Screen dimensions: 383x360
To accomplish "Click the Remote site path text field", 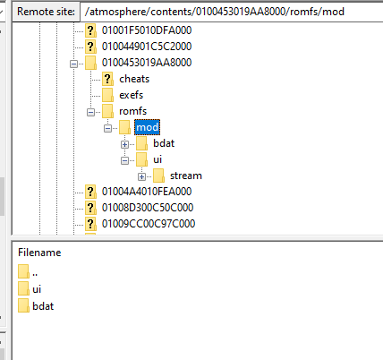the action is [x=231, y=12].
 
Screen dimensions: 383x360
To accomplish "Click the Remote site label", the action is [x=46, y=12].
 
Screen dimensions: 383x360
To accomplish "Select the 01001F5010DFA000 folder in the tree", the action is [x=147, y=30].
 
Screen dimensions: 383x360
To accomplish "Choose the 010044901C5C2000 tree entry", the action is [x=147, y=47].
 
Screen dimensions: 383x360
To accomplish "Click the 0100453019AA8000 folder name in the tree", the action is [x=147, y=63].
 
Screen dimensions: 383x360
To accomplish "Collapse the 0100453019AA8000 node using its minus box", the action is [x=73, y=64].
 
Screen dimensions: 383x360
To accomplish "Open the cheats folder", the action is [x=134, y=79].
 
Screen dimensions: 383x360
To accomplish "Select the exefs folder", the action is [x=132, y=95].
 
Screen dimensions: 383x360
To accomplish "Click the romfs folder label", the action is [x=133, y=111].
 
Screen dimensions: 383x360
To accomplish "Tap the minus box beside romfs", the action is [x=90, y=112].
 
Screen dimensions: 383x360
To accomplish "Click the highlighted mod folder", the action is [x=147, y=127].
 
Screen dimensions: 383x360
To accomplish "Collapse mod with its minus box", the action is [x=107, y=128].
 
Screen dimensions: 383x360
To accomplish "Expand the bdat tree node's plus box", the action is [x=124, y=144].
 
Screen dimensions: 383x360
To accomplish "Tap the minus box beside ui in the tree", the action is [x=124, y=160].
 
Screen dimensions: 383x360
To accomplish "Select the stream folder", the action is [x=186, y=176].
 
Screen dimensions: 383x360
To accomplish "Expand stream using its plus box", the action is [x=141, y=176].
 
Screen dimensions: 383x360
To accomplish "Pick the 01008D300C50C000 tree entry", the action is [x=148, y=208].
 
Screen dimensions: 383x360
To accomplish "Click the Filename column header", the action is [x=39, y=253].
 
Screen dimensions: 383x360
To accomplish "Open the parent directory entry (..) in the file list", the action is [x=35, y=273].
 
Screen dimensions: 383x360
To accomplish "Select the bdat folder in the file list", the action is [x=43, y=306].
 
